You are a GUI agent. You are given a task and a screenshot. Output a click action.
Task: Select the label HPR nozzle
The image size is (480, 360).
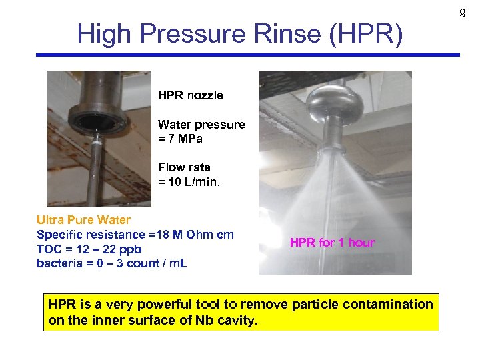pyautogui.click(x=191, y=95)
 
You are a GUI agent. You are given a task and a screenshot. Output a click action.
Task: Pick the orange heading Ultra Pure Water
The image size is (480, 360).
pyautogui.click(x=83, y=219)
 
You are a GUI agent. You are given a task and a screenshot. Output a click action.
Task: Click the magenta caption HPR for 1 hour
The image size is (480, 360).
pyautogui.click(x=332, y=243)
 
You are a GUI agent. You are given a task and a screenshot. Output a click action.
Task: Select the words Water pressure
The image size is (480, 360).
pyautogui.click(x=201, y=124)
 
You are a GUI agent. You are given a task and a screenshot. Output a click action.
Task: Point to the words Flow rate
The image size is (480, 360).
pyautogui.click(x=184, y=167)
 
